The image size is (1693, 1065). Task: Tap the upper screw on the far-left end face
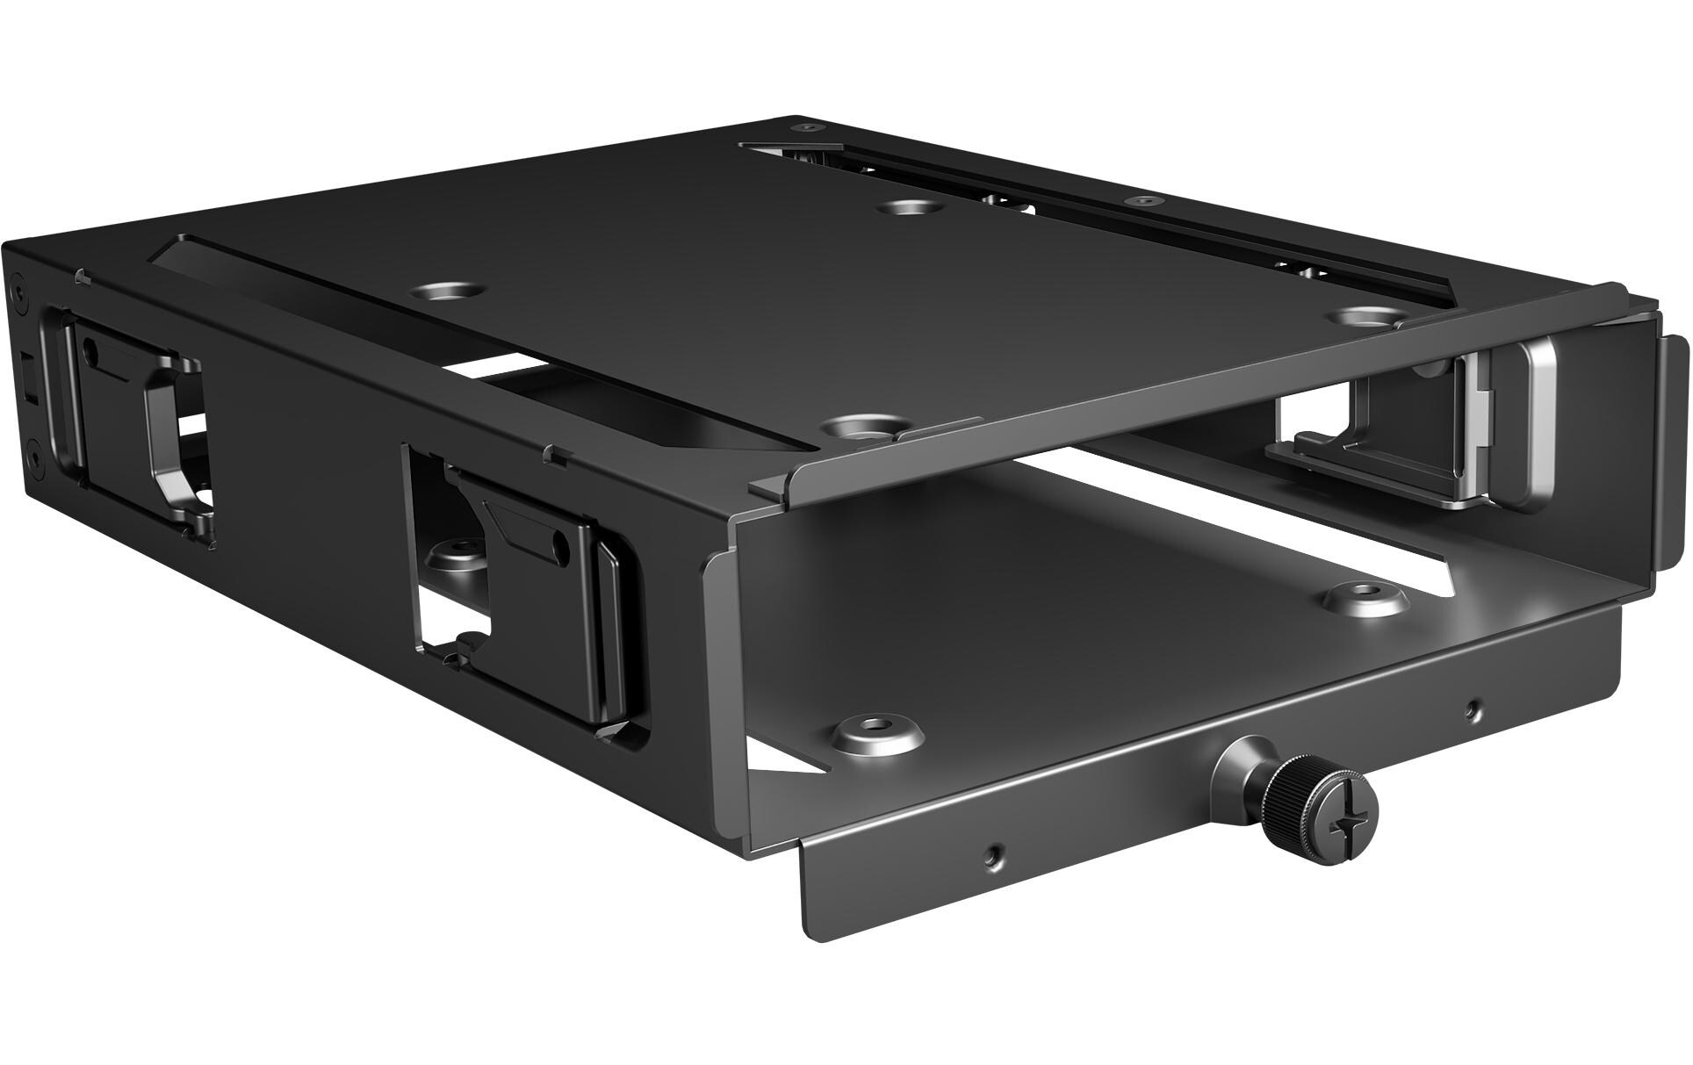pos(17,288)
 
